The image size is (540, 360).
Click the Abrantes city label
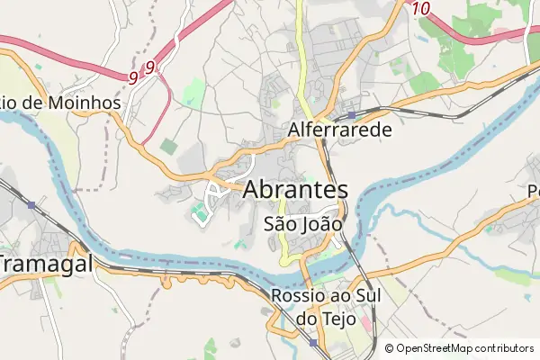(x=295, y=191)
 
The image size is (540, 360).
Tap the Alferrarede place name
(x=340, y=130)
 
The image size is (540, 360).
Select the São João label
(x=303, y=222)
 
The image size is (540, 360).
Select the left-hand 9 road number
(x=133, y=78)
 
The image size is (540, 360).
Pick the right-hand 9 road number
(x=149, y=67)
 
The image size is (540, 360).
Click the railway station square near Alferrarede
(x=352, y=113)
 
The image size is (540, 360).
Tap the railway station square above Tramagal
(x=32, y=205)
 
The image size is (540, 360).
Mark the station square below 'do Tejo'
(x=312, y=342)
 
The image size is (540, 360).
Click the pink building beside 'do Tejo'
(x=364, y=319)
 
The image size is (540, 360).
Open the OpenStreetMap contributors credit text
(x=465, y=348)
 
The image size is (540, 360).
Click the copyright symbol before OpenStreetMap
(x=389, y=348)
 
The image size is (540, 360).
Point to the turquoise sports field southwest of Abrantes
(x=198, y=213)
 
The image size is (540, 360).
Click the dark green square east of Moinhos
(x=168, y=145)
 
